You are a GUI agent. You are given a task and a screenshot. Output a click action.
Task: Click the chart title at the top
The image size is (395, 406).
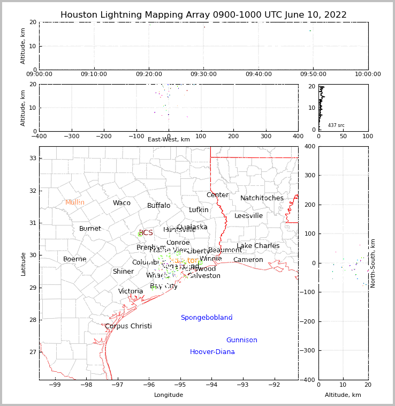point(203,15)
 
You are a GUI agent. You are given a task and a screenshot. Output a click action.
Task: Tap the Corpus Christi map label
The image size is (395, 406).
point(128,326)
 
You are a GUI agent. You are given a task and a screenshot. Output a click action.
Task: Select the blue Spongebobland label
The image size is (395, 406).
point(206,318)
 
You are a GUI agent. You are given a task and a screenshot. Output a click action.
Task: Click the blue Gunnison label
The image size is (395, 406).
point(241,340)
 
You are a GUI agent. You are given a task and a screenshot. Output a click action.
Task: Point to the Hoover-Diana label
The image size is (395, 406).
point(212,352)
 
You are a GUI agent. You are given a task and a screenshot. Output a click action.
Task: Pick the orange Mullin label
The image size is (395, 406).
point(75,202)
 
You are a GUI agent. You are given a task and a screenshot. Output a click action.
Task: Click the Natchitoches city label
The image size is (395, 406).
point(262,198)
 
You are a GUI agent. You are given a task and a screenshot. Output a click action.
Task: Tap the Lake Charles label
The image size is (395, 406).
point(258,246)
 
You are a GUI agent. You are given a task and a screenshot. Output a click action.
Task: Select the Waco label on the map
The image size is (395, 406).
point(121,203)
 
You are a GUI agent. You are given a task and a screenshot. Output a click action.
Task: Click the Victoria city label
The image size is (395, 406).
point(131,291)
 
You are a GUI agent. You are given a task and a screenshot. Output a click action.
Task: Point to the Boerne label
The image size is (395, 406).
point(74,259)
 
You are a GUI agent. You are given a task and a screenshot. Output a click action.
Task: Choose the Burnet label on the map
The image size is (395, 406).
point(90,229)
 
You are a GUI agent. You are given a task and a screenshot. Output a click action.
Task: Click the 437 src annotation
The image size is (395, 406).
point(336,125)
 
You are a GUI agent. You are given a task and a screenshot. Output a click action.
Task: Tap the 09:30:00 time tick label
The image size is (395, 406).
point(204,74)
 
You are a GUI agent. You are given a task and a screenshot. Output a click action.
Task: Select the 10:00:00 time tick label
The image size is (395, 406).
point(368,74)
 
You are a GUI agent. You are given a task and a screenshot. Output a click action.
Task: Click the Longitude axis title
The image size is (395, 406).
point(169,395)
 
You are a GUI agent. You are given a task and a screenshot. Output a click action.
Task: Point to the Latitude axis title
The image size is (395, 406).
point(23,264)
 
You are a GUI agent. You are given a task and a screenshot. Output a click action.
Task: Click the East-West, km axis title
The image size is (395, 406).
point(169,140)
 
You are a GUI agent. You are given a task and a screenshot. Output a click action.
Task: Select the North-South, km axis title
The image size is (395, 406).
point(373,263)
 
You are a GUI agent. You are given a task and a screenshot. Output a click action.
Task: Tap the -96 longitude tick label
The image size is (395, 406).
point(149,385)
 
